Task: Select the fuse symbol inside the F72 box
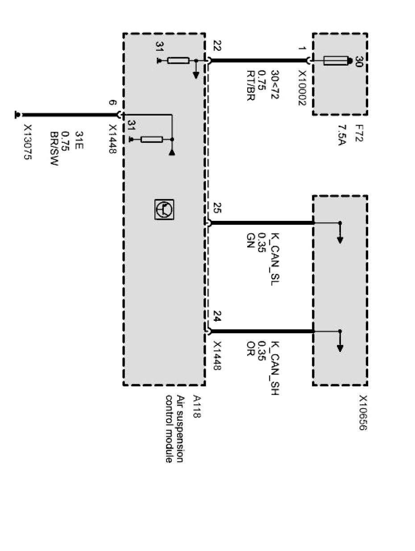click(336, 61)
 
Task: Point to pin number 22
click(217, 46)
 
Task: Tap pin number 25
click(217, 208)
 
